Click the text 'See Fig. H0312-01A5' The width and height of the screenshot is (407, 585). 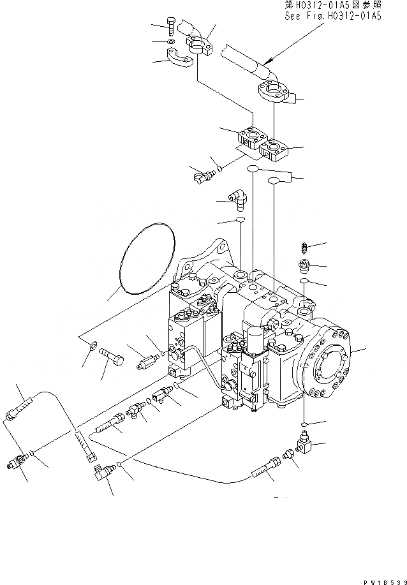coord(332,16)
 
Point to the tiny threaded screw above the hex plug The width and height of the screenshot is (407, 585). coord(304,246)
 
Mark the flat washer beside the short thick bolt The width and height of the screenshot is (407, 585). coord(94,346)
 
